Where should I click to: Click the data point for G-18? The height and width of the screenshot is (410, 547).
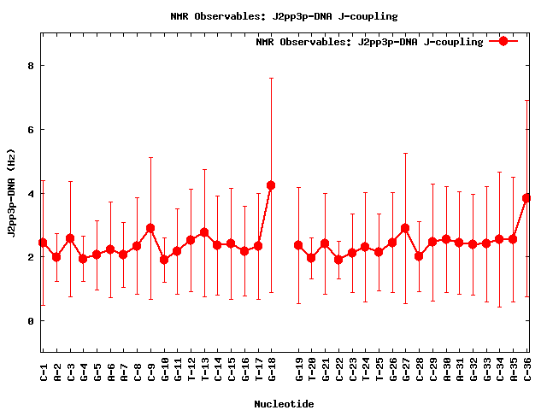pyautogui.click(x=271, y=185)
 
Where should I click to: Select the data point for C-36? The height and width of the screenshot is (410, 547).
pyautogui.click(x=527, y=198)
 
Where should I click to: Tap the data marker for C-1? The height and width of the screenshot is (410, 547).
pyautogui.click(x=43, y=243)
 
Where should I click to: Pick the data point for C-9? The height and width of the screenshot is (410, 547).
pyautogui.click(x=150, y=228)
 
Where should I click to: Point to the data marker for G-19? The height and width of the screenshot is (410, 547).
pyautogui.click(x=298, y=245)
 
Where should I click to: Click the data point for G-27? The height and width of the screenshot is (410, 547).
pyautogui.click(x=405, y=228)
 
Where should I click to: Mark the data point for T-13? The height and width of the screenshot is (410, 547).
pyautogui.click(x=204, y=232)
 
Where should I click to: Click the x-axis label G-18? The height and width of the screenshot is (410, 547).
pyautogui.click(x=272, y=370)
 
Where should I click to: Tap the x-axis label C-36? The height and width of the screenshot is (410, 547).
pyautogui.click(x=528, y=370)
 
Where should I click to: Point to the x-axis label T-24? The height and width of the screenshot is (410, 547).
pyautogui.click(x=366, y=370)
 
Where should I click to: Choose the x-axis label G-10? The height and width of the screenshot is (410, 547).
pyautogui.click(x=165, y=370)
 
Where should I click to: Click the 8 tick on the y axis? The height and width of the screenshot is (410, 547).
pyautogui.click(x=31, y=66)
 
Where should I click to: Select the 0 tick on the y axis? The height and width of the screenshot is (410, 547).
pyautogui.click(x=31, y=321)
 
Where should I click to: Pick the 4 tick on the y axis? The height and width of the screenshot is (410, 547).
pyautogui.click(x=31, y=194)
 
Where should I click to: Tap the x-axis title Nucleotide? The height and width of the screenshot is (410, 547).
pyautogui.click(x=284, y=403)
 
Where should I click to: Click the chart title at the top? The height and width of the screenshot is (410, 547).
pyautogui.click(x=284, y=16)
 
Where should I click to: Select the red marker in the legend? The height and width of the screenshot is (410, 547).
pyautogui.click(x=503, y=41)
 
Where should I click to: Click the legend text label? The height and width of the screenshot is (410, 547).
pyautogui.click(x=369, y=42)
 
